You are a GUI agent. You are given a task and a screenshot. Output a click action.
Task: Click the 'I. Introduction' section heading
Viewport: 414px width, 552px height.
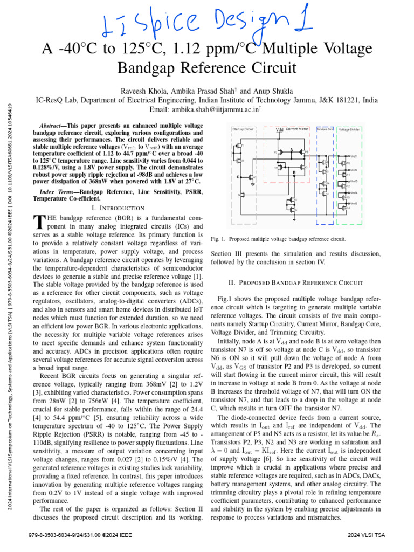(119, 208)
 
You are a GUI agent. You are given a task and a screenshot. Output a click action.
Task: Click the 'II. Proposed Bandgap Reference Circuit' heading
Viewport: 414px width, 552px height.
(296, 282)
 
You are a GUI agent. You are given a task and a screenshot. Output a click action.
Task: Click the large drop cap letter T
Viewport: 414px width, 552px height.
(38, 222)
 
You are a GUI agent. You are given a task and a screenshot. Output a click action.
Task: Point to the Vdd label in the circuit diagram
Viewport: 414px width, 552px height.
(279, 130)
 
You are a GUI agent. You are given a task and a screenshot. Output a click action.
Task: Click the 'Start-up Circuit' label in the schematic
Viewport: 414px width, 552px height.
(243, 130)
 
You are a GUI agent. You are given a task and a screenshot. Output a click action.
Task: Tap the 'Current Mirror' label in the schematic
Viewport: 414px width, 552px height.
(297, 129)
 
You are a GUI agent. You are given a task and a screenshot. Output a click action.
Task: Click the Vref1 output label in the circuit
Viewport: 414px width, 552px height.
(354, 156)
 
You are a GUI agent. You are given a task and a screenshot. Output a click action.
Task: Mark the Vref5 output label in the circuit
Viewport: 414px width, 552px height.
(354, 203)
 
